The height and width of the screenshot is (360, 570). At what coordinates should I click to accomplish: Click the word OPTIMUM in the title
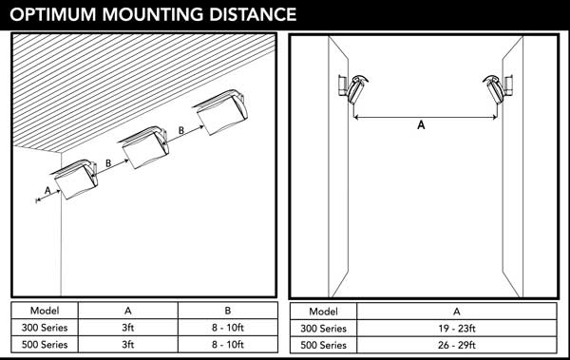coord(54,15)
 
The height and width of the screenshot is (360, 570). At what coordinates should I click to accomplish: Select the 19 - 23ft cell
coord(457,329)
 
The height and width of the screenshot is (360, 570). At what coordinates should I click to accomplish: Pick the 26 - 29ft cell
coord(457,345)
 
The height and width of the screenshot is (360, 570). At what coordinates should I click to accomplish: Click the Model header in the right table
coord(323,312)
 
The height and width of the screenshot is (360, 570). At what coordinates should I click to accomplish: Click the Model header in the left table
coord(45,311)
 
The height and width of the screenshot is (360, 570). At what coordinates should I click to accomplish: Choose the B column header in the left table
coord(228,311)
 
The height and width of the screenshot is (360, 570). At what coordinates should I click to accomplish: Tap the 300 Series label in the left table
coord(45,328)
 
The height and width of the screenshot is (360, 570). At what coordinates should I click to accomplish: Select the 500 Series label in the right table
coord(323,345)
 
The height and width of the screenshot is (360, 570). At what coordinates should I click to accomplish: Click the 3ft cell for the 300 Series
coord(128,328)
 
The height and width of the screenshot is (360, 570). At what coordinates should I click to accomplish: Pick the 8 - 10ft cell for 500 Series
coord(228,345)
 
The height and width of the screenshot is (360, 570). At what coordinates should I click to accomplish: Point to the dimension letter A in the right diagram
coord(421,125)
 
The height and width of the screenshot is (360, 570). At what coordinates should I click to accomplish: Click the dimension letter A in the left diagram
coord(47,190)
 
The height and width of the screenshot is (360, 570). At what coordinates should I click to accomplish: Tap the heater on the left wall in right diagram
coord(352,89)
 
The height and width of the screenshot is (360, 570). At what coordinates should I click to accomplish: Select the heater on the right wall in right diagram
coord(497,89)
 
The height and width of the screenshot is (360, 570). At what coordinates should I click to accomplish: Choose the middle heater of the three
coord(144,147)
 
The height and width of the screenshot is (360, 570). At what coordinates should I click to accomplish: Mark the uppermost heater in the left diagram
coord(221,112)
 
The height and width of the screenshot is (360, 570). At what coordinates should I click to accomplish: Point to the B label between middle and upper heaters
coord(181,130)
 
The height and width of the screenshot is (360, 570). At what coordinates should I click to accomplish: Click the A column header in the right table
coord(457,312)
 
